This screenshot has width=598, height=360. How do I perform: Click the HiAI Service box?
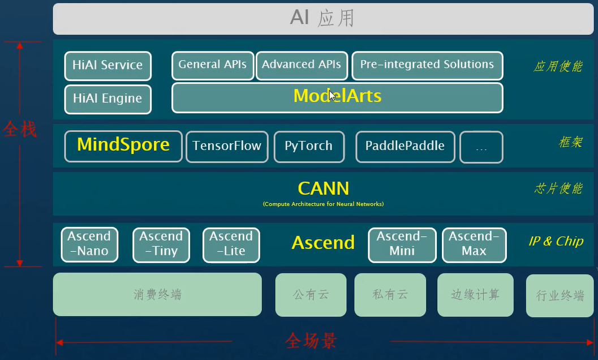(107, 66)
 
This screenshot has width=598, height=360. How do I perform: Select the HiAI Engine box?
(107, 99)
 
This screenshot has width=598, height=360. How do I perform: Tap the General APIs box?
(213, 65)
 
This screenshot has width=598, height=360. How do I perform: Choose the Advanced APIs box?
(302, 65)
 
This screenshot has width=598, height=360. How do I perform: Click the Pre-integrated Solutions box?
(427, 65)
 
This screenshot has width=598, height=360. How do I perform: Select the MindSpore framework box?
(123, 146)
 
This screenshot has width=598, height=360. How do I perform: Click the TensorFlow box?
(227, 147)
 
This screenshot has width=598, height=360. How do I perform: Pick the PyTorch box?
(309, 147)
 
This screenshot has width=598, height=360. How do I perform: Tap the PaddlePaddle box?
(405, 147)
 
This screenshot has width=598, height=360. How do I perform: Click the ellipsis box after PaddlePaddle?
(481, 147)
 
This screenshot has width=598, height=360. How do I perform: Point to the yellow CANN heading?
(323, 188)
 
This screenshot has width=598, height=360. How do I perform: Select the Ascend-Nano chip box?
(89, 245)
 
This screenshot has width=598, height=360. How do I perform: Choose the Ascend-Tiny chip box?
(161, 245)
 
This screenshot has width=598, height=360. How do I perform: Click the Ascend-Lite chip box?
(231, 245)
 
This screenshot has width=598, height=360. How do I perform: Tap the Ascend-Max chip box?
(474, 245)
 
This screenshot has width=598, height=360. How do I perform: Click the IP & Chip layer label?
(556, 241)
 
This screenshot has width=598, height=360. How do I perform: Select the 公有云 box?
(311, 295)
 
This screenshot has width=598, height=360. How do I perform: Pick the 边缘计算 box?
(475, 295)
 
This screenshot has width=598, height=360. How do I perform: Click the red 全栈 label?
(20, 130)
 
